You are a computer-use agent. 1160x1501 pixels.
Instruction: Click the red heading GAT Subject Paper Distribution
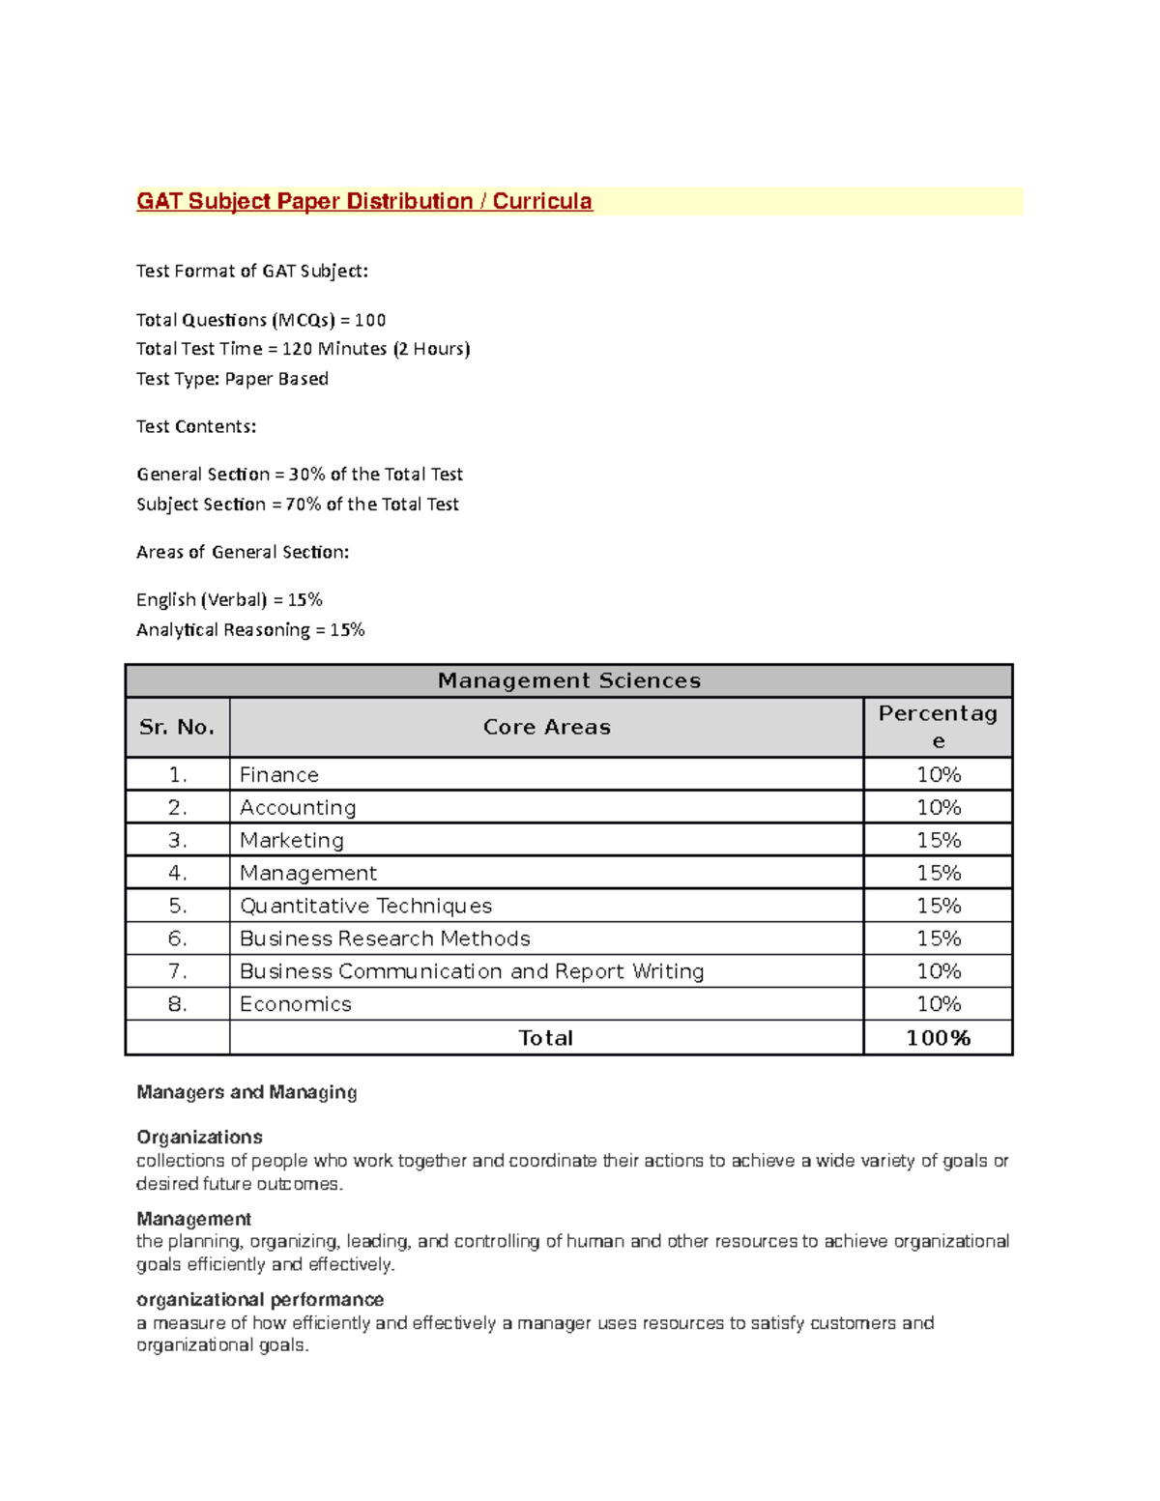click(x=363, y=201)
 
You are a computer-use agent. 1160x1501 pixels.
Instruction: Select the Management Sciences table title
click(x=568, y=680)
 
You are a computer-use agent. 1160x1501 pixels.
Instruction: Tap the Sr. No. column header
click(x=177, y=727)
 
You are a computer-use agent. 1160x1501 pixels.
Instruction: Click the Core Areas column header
click(x=546, y=727)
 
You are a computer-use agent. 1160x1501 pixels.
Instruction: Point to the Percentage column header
click(x=937, y=726)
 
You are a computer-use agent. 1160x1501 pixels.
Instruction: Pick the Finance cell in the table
click(x=279, y=774)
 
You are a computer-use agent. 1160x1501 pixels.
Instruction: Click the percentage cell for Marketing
click(x=938, y=840)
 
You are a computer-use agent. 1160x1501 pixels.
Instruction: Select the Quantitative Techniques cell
click(x=365, y=906)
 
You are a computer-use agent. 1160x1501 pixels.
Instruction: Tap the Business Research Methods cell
click(x=385, y=938)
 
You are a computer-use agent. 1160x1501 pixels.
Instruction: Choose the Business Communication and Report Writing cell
click(x=472, y=971)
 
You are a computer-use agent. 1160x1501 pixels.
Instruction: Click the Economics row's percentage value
click(x=938, y=1004)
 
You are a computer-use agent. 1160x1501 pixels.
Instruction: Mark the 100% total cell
click(x=938, y=1038)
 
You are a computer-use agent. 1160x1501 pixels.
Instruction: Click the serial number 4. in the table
click(x=177, y=873)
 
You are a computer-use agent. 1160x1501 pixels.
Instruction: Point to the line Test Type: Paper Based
click(x=232, y=379)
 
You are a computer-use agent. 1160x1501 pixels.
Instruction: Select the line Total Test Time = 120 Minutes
click(x=303, y=349)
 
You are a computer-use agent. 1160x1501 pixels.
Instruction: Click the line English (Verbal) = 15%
click(x=229, y=600)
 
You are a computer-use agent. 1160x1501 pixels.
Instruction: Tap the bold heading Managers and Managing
click(x=246, y=1092)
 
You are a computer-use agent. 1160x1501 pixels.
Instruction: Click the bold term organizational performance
click(x=260, y=1299)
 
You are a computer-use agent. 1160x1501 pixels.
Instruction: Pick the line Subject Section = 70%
click(x=297, y=505)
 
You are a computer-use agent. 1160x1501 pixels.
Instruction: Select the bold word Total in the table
click(x=545, y=1038)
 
